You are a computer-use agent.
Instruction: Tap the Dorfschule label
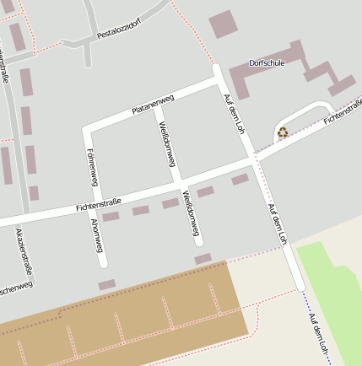click(267, 63)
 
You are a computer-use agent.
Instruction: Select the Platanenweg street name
click(153, 105)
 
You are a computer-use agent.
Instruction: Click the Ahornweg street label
click(96, 236)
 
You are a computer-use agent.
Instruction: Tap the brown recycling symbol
click(282, 132)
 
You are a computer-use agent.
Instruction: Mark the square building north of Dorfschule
click(224, 24)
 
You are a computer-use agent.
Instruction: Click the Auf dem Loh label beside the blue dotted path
click(320, 332)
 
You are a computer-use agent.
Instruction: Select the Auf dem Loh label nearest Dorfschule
click(231, 110)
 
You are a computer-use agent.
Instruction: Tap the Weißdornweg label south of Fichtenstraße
click(192, 214)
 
